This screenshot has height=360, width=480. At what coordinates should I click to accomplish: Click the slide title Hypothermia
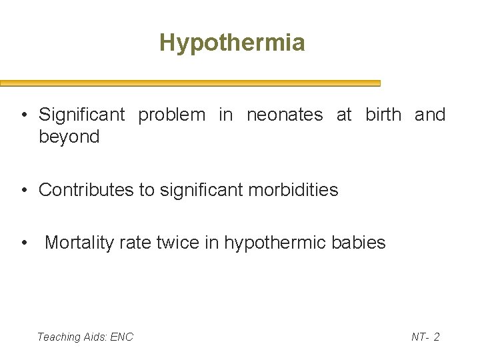[x=232, y=43]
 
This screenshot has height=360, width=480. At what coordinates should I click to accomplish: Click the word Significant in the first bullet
[x=82, y=115]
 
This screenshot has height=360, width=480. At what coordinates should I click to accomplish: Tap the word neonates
[x=285, y=115]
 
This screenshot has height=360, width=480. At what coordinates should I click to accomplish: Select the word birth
[x=383, y=115]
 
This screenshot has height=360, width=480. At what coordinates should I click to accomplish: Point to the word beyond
[x=69, y=137]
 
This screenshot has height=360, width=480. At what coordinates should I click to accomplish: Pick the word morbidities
[x=293, y=190]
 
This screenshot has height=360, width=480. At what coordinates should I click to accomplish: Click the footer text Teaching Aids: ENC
[x=85, y=337]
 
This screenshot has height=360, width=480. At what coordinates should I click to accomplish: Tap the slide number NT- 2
[x=425, y=337]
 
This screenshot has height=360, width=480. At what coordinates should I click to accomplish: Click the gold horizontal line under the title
[x=190, y=84]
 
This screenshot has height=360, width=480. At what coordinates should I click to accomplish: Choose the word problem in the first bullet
[x=172, y=115]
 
